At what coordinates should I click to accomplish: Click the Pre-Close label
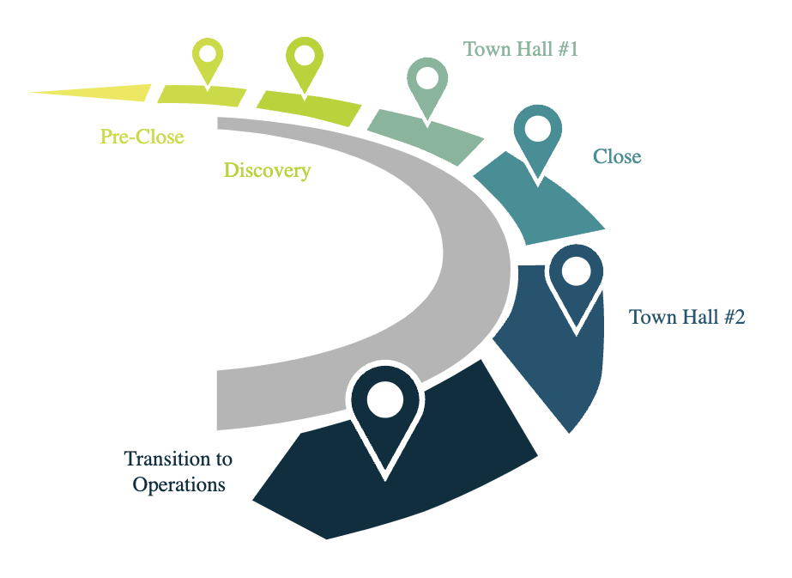(142, 137)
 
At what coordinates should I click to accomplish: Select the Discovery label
(267, 171)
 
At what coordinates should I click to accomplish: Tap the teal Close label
(617, 156)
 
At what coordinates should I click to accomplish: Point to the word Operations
(178, 485)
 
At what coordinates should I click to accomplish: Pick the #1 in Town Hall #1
(568, 49)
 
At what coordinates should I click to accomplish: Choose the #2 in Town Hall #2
(735, 317)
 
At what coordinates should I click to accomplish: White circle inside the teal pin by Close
(538, 129)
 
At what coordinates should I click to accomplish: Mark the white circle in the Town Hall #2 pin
(577, 271)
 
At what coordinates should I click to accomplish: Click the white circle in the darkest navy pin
(385, 399)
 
